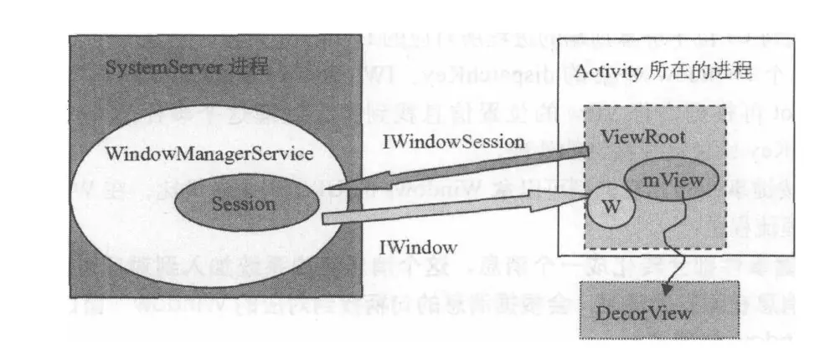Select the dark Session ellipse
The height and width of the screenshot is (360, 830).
tap(244, 203)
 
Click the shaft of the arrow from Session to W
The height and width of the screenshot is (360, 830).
tap(452, 208)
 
